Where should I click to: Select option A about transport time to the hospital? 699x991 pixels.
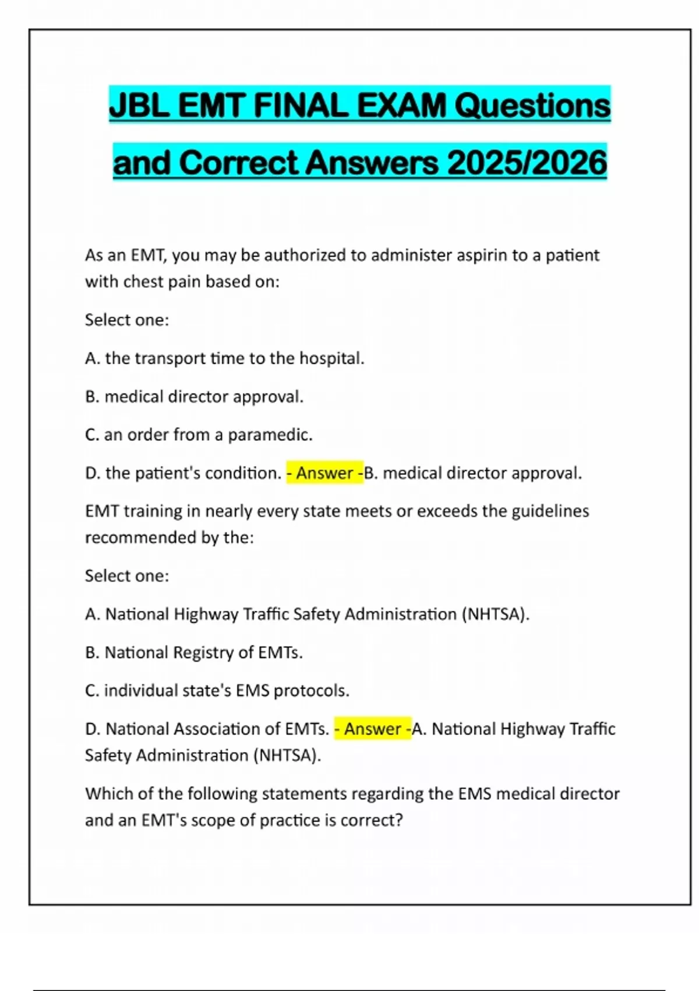(x=224, y=359)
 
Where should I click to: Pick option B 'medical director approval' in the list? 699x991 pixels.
(x=194, y=397)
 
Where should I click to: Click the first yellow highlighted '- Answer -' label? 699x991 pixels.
(x=324, y=473)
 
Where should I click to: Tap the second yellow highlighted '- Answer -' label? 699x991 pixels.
(x=372, y=729)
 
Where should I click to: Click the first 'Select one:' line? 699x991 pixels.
(x=127, y=320)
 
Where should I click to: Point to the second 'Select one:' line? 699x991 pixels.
(x=127, y=576)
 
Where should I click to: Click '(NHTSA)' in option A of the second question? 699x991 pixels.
(x=495, y=614)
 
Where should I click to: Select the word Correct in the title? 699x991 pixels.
(x=239, y=163)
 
